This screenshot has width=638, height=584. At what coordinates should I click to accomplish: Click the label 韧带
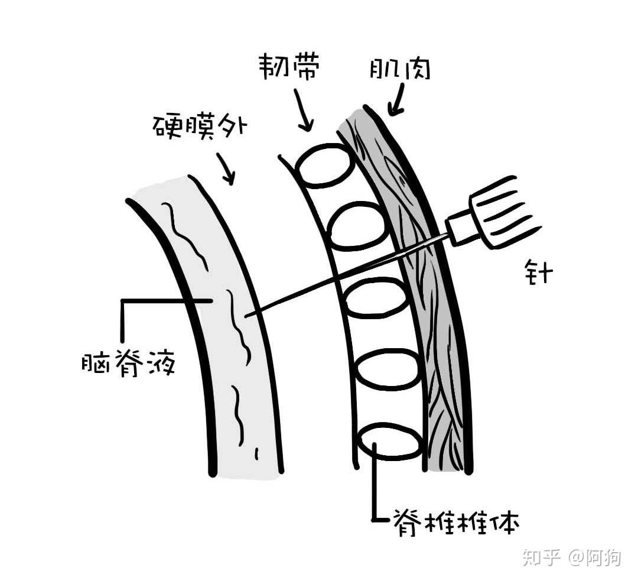click(289, 68)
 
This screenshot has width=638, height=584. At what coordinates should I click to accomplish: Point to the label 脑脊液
click(128, 363)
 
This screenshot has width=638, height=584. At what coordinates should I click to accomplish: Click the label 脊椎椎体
click(454, 521)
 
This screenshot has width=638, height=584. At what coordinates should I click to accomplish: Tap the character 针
click(537, 274)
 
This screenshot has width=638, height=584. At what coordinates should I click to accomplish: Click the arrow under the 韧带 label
click(302, 109)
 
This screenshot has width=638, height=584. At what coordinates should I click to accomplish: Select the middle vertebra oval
click(375, 298)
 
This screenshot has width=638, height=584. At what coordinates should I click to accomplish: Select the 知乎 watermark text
click(540, 556)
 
